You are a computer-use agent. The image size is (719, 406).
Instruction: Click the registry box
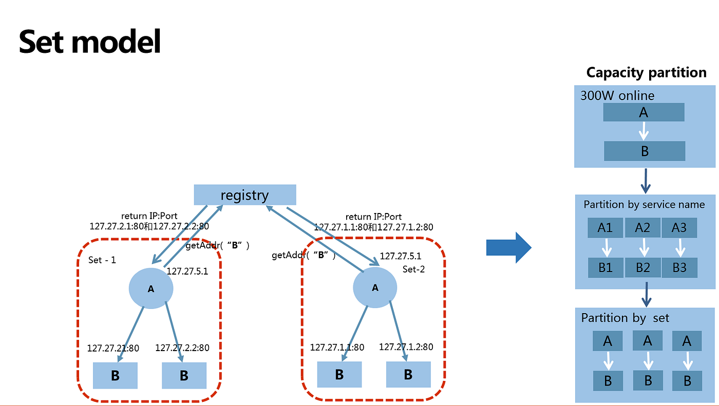point(244,195)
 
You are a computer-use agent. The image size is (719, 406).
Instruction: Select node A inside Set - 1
point(151,289)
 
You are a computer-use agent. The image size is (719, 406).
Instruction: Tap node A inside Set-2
point(375,288)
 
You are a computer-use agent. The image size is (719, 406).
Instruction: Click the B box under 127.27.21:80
point(115,375)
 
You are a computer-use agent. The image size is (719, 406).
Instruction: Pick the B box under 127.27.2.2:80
point(184,375)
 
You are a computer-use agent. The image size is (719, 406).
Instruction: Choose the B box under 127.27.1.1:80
point(339,374)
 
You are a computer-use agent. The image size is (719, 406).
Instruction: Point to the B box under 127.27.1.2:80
point(408,374)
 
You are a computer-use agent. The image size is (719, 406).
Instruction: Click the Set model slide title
point(90,42)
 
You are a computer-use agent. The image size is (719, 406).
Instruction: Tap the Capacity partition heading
point(646,73)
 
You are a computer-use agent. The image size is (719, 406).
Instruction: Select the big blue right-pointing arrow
point(508,248)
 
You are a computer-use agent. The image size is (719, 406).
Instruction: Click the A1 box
point(605,227)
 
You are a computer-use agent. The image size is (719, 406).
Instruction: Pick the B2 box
point(642,267)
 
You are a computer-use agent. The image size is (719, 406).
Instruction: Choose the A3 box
point(679,227)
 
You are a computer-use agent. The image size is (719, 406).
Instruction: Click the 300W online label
point(617,95)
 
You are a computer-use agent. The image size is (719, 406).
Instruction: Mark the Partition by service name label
point(644,204)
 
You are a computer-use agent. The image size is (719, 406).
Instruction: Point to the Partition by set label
point(625,318)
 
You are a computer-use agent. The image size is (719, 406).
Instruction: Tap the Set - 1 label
point(102,260)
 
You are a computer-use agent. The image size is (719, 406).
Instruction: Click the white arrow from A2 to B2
point(643,247)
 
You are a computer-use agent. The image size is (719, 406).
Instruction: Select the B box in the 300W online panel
point(645,151)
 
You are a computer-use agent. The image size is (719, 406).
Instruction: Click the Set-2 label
point(413,268)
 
